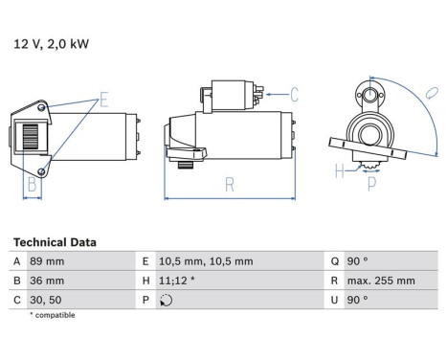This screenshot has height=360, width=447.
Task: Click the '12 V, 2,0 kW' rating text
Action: click(51, 44)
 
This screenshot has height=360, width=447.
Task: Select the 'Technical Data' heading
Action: click(55, 242)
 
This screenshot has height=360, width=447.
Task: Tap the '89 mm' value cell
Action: click(47, 261)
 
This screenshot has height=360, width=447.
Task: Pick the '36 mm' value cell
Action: click(47, 281)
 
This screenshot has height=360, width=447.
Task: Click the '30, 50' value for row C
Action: click(46, 300)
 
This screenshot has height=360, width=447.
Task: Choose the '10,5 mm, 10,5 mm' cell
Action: click(206, 261)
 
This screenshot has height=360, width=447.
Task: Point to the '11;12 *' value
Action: click(177, 281)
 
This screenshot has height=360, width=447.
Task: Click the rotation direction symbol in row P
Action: click(166, 301)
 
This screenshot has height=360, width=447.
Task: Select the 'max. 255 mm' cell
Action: click(381, 281)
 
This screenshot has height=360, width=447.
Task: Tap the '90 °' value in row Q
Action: click(357, 261)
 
